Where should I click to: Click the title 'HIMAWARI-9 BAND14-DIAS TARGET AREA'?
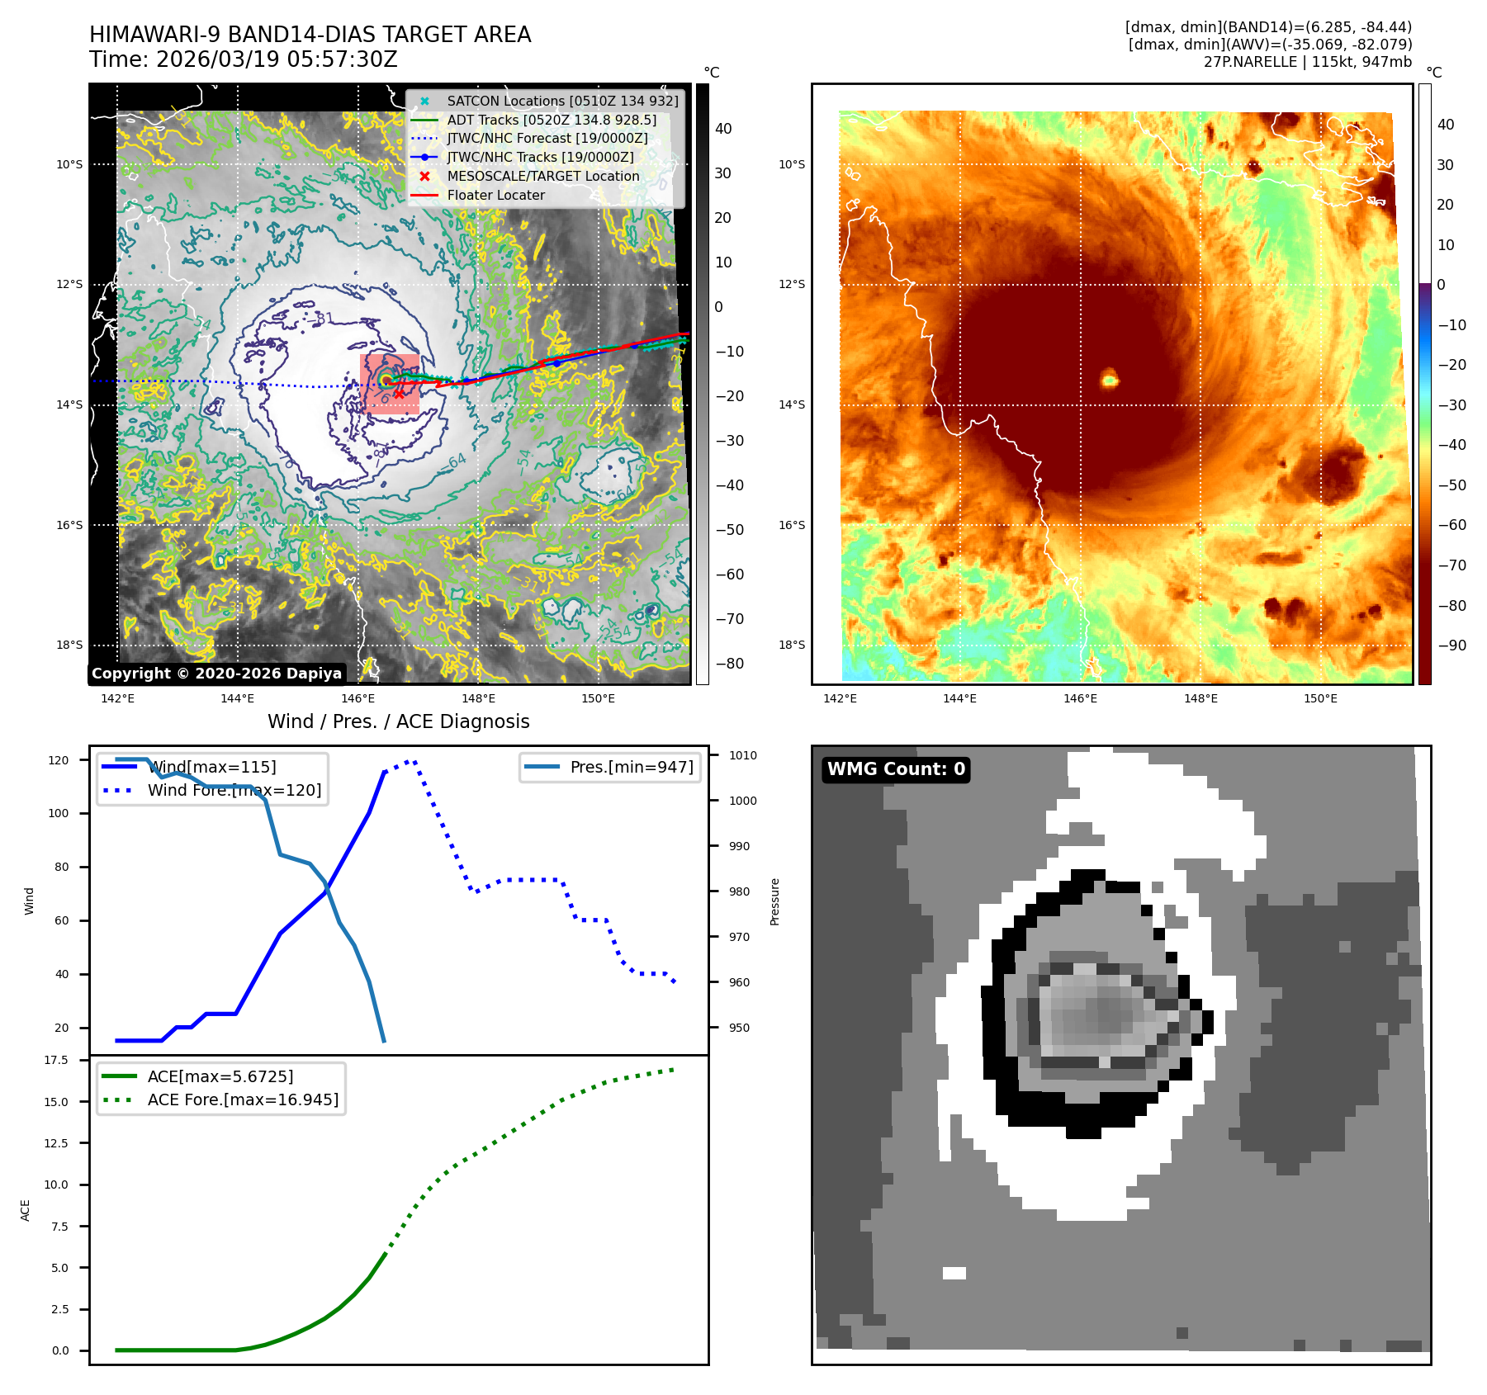310,35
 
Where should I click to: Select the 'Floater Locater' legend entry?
495,196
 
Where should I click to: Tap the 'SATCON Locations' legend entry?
561,101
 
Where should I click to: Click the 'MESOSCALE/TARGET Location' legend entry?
542,177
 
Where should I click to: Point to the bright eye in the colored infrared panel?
1110,380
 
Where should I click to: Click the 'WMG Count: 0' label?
896,769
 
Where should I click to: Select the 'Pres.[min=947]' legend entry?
632,767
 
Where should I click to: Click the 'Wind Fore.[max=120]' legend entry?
234,790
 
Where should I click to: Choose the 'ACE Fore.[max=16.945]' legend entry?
243,1099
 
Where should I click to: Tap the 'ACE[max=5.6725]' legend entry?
220,1076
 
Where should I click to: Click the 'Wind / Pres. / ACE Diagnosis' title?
398,721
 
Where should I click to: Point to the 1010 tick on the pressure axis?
742,755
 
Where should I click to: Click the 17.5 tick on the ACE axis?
56,1060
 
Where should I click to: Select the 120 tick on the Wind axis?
59,760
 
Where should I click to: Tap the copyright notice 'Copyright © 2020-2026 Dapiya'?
216,674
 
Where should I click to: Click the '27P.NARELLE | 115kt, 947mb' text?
1307,62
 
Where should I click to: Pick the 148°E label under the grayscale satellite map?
478,699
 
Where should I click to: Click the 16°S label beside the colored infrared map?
792,525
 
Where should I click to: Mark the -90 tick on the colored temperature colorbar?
1451,645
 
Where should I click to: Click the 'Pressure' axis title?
774,901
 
